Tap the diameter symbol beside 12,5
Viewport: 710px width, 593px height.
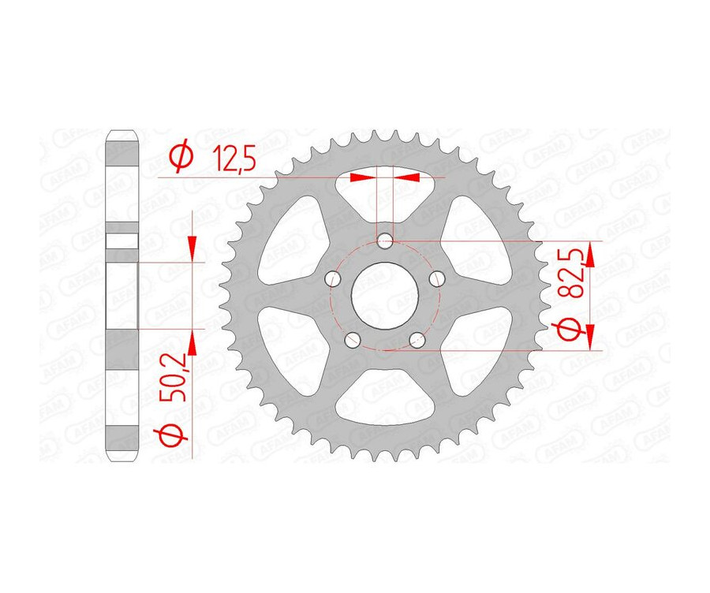pyautogui.click(x=181, y=158)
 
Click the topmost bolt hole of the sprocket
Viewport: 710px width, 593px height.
pyautogui.click(x=384, y=241)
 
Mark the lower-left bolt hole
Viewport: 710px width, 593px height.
pyautogui.click(x=353, y=339)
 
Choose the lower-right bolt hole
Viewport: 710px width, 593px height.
pyautogui.click(x=416, y=339)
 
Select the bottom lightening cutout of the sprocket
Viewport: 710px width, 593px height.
pyautogui.click(x=384, y=402)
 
